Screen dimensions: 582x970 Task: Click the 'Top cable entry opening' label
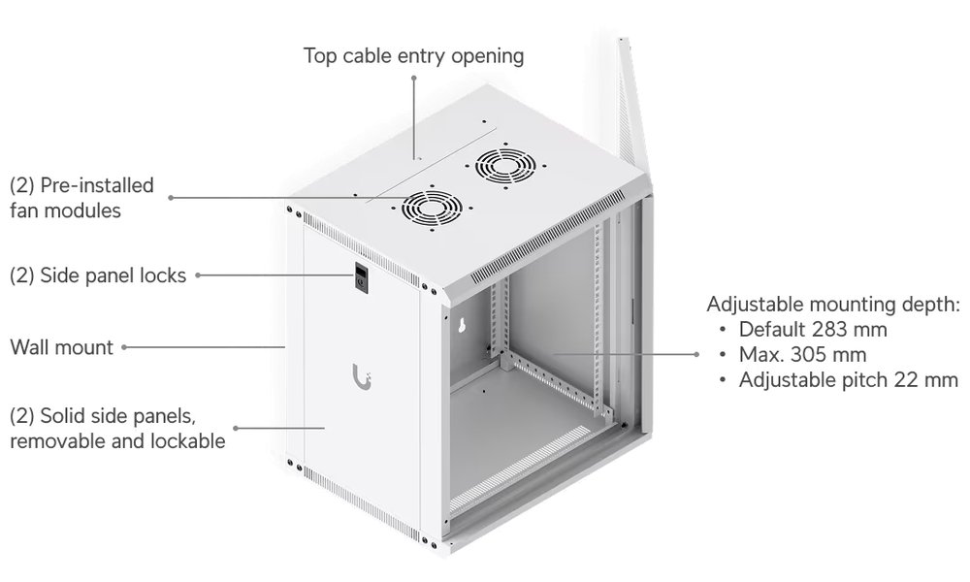(x=414, y=55)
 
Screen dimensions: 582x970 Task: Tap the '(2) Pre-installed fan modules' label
(x=81, y=197)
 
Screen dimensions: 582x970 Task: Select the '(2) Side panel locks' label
(x=97, y=275)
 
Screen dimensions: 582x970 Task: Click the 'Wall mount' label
(x=61, y=346)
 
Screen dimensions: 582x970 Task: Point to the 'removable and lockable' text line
(x=117, y=441)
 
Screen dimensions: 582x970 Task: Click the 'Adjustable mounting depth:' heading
(x=833, y=304)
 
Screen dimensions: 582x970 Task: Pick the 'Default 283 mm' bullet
(x=813, y=329)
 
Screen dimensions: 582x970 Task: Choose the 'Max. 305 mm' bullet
(x=802, y=354)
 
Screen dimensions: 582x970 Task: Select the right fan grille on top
(x=501, y=167)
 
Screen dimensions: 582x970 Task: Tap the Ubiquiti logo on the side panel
(x=361, y=375)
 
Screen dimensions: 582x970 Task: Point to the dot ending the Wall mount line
(x=124, y=346)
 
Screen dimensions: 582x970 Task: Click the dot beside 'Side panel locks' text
(x=198, y=275)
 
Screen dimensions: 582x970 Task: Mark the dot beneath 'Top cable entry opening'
(x=414, y=77)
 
